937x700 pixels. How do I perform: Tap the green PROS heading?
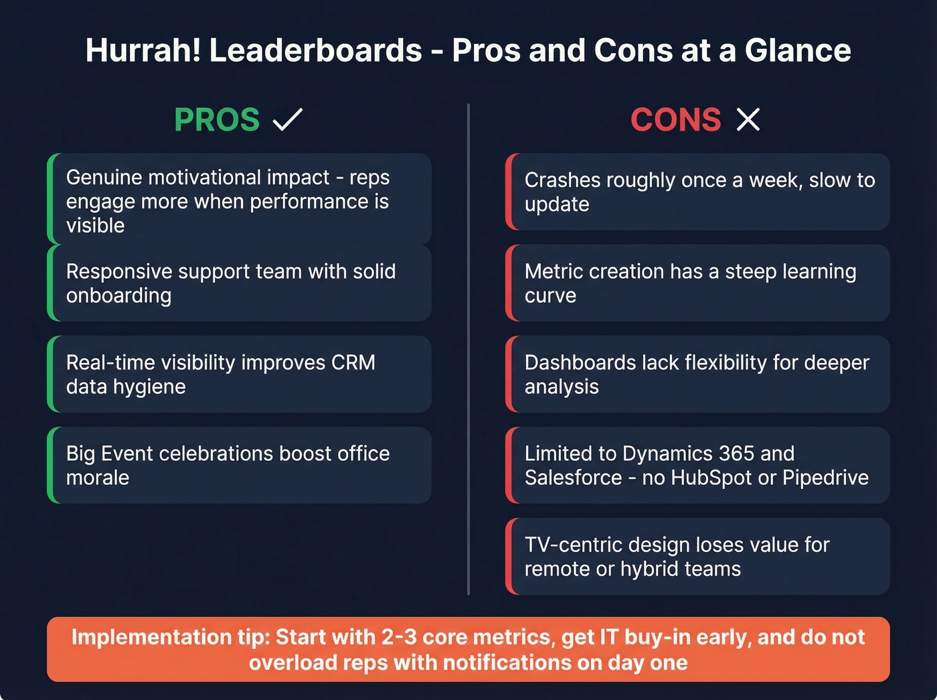tap(217, 121)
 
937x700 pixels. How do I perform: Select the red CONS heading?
tap(675, 121)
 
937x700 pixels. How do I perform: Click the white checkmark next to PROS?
tap(288, 120)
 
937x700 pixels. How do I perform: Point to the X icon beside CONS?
tap(748, 120)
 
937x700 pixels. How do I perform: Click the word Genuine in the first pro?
tap(104, 178)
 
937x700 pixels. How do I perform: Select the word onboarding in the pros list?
tap(118, 295)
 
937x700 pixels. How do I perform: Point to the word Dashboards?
tap(580, 362)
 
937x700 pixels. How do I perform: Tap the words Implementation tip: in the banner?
tap(171, 637)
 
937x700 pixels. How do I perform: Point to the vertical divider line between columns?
tap(468, 348)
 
